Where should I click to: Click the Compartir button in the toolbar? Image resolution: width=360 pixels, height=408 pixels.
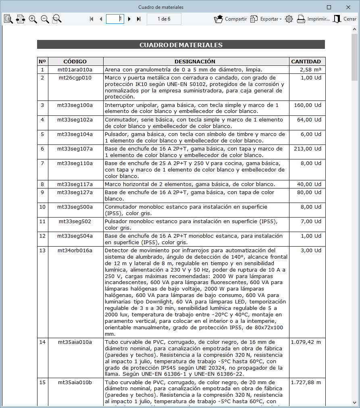coord(230,19)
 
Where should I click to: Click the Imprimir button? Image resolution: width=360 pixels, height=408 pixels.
coord(313,19)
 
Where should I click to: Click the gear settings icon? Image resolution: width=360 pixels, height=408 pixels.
coord(289,19)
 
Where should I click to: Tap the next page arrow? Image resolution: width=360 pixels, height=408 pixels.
coord(129,19)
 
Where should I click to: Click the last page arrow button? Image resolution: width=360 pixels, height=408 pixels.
coord(139,19)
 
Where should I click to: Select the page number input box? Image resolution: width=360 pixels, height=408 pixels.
coord(115,19)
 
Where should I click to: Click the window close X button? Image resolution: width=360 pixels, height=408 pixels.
coord(348,7)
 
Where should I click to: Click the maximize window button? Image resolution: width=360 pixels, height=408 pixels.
coord(329,7)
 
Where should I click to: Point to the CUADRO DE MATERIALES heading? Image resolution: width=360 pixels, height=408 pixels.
coord(181,45)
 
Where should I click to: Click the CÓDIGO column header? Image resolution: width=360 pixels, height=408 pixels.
coord(75,62)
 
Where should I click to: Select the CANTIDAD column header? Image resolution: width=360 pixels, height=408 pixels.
coord(306,62)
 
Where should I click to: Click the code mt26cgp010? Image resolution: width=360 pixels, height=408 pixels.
coord(75,77)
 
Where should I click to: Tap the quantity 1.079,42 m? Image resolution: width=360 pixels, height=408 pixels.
coord(306,342)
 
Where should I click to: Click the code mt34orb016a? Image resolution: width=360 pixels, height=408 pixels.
coord(75,250)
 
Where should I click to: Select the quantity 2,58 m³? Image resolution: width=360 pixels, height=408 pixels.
coord(310,70)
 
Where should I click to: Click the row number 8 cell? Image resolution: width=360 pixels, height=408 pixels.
coord(42,184)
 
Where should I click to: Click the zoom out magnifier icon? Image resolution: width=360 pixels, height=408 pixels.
coord(45,19)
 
